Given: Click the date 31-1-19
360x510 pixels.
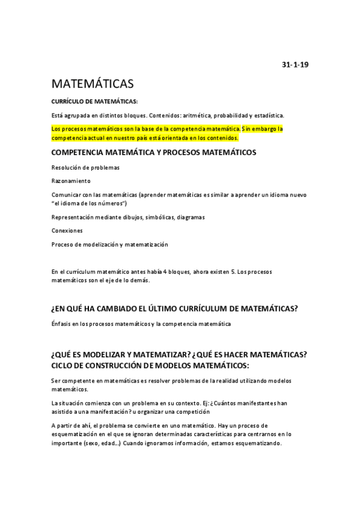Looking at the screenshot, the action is (295, 64).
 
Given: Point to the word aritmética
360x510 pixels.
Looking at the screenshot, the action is (193, 115).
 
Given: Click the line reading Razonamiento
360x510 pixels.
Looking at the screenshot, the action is (71, 180).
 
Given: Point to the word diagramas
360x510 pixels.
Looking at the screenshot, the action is (188, 218).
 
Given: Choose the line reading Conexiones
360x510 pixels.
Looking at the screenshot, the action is (67, 231).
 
